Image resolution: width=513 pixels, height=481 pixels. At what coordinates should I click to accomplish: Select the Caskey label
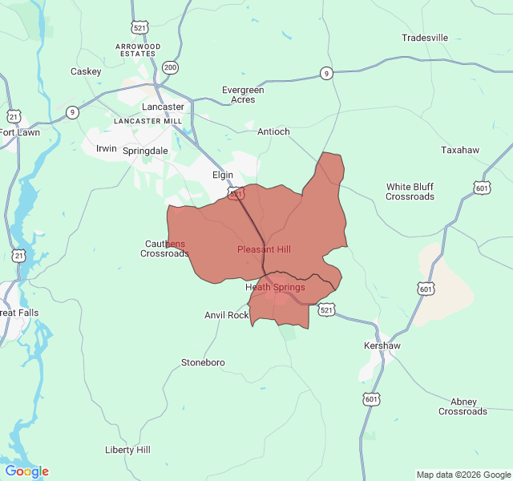[86, 71]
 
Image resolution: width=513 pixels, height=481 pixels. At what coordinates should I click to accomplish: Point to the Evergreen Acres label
[243, 95]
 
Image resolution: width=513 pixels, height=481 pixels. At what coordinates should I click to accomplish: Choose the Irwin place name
[107, 148]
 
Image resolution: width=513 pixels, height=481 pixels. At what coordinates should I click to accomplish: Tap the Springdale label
[145, 150]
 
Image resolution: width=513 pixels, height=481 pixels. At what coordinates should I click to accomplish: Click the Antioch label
[273, 131]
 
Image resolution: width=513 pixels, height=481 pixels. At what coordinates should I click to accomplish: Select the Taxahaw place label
[459, 150]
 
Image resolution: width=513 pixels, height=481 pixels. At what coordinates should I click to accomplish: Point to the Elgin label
[222, 175]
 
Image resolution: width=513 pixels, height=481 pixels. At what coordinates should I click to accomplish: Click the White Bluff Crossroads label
[410, 192]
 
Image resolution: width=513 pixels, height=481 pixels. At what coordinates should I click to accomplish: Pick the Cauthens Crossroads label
[164, 249]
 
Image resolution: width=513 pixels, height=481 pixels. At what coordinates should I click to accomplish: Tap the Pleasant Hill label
[264, 249]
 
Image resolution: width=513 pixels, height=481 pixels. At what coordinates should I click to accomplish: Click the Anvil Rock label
[227, 315]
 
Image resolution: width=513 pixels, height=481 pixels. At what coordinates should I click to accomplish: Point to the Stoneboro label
[203, 362]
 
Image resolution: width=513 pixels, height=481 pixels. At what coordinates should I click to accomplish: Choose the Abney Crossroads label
[463, 406]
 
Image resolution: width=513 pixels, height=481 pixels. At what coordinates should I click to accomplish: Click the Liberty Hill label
[127, 450]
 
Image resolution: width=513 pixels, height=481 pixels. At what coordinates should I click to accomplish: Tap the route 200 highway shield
[170, 67]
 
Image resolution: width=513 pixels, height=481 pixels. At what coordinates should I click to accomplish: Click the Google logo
[26, 471]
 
